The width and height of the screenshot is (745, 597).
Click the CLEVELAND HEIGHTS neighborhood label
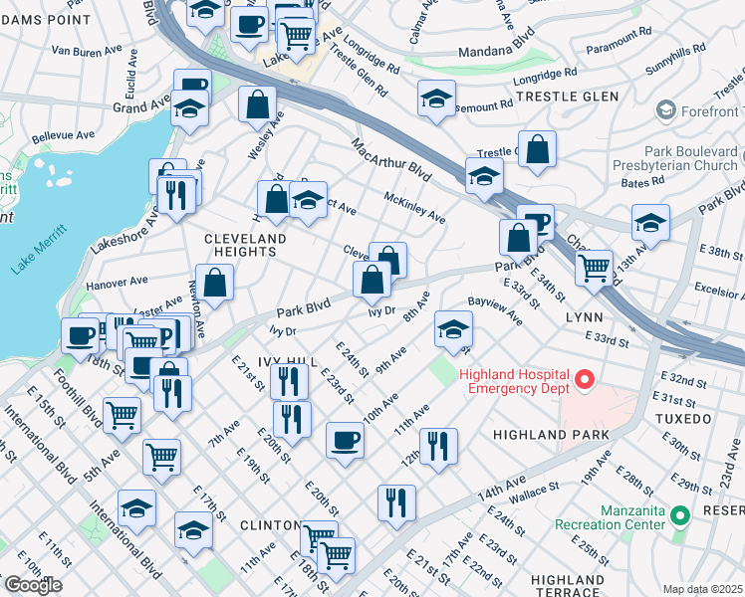tap(245, 246)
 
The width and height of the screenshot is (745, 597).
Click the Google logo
tap(32, 585)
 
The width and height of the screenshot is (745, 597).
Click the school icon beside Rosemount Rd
tap(435, 99)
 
